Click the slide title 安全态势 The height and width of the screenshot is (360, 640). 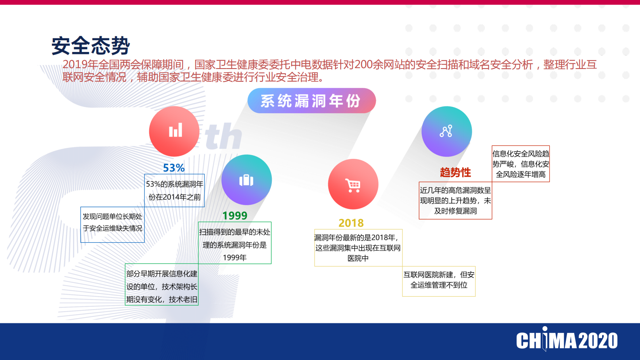pos(91,46)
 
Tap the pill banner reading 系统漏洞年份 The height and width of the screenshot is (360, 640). pos(311,101)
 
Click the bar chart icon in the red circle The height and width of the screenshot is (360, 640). pos(175,131)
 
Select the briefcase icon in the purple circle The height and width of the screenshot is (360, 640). pos(246,180)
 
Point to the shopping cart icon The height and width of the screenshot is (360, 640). pos(353,185)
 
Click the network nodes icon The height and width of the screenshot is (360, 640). pos(446,131)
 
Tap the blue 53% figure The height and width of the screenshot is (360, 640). pos(174,168)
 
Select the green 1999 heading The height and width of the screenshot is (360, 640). pos(235,216)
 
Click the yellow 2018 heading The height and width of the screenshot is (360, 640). pos(351,223)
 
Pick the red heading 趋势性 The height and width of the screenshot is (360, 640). pos(455,173)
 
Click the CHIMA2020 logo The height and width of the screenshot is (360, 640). pos(567,341)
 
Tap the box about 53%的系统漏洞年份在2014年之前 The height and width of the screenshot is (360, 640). pos(175,191)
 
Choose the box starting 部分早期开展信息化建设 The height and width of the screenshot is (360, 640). pos(162,287)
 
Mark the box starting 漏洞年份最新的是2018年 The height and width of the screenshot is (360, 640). pos(358,248)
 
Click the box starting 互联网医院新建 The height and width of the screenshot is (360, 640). pos(439,281)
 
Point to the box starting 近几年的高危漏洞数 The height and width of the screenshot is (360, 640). pos(455,200)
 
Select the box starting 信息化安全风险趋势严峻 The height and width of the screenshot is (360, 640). pos(521,164)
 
